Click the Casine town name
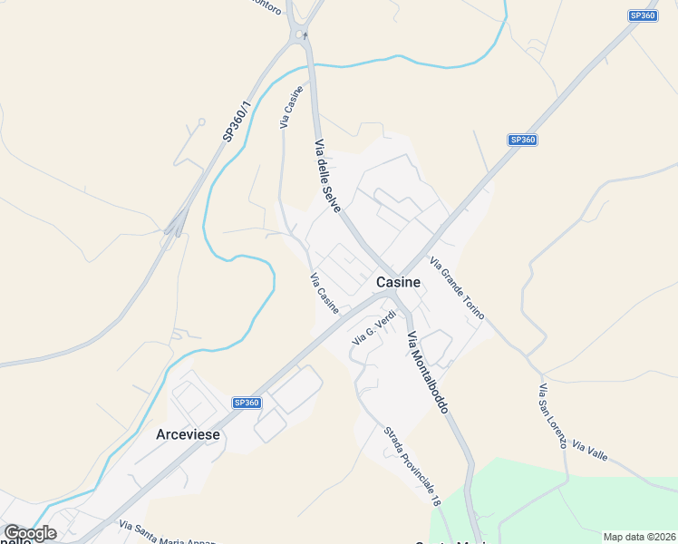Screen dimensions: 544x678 coord(398,282)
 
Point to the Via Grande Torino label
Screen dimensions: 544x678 coord(457,289)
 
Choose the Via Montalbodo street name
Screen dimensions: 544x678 coord(428,373)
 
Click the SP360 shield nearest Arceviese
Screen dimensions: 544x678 coord(247,403)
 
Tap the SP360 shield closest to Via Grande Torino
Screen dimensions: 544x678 coord(523,140)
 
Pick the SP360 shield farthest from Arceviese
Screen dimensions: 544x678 coord(642,15)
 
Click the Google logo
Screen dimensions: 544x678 coord(29,533)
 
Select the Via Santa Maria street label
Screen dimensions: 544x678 coord(168,535)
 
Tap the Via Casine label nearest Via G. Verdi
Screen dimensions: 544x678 coord(324,294)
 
